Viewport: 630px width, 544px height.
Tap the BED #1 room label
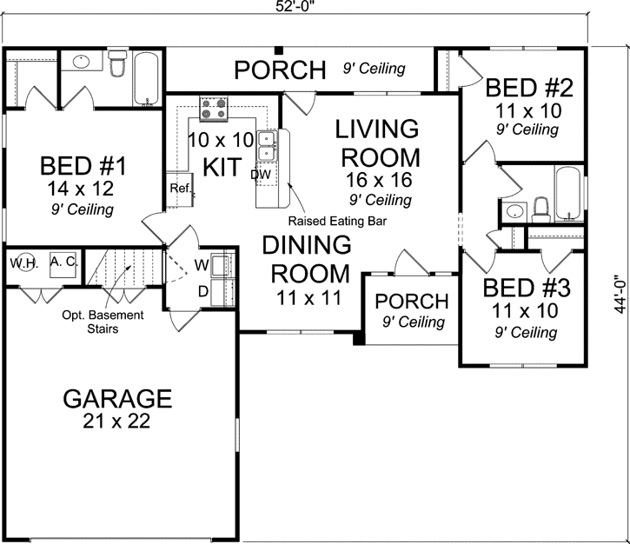click(83, 166)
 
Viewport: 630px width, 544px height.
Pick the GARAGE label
click(118, 399)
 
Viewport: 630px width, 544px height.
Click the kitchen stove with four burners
click(214, 109)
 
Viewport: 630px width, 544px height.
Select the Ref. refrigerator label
click(180, 188)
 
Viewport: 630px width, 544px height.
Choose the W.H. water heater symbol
click(23, 263)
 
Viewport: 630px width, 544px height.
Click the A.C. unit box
click(63, 262)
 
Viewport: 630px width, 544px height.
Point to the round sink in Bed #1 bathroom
click(82, 63)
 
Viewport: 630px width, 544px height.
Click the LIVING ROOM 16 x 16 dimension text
click(377, 180)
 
